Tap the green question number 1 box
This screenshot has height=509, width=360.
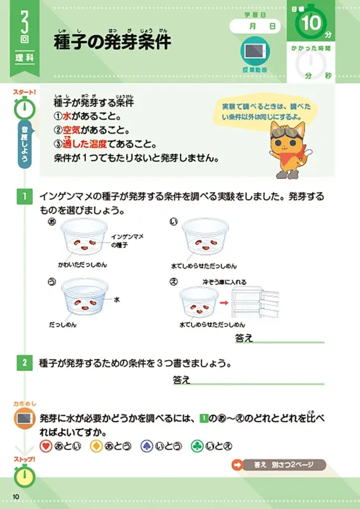24,197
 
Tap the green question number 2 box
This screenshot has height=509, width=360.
24,363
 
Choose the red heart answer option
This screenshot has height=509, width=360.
46,445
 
